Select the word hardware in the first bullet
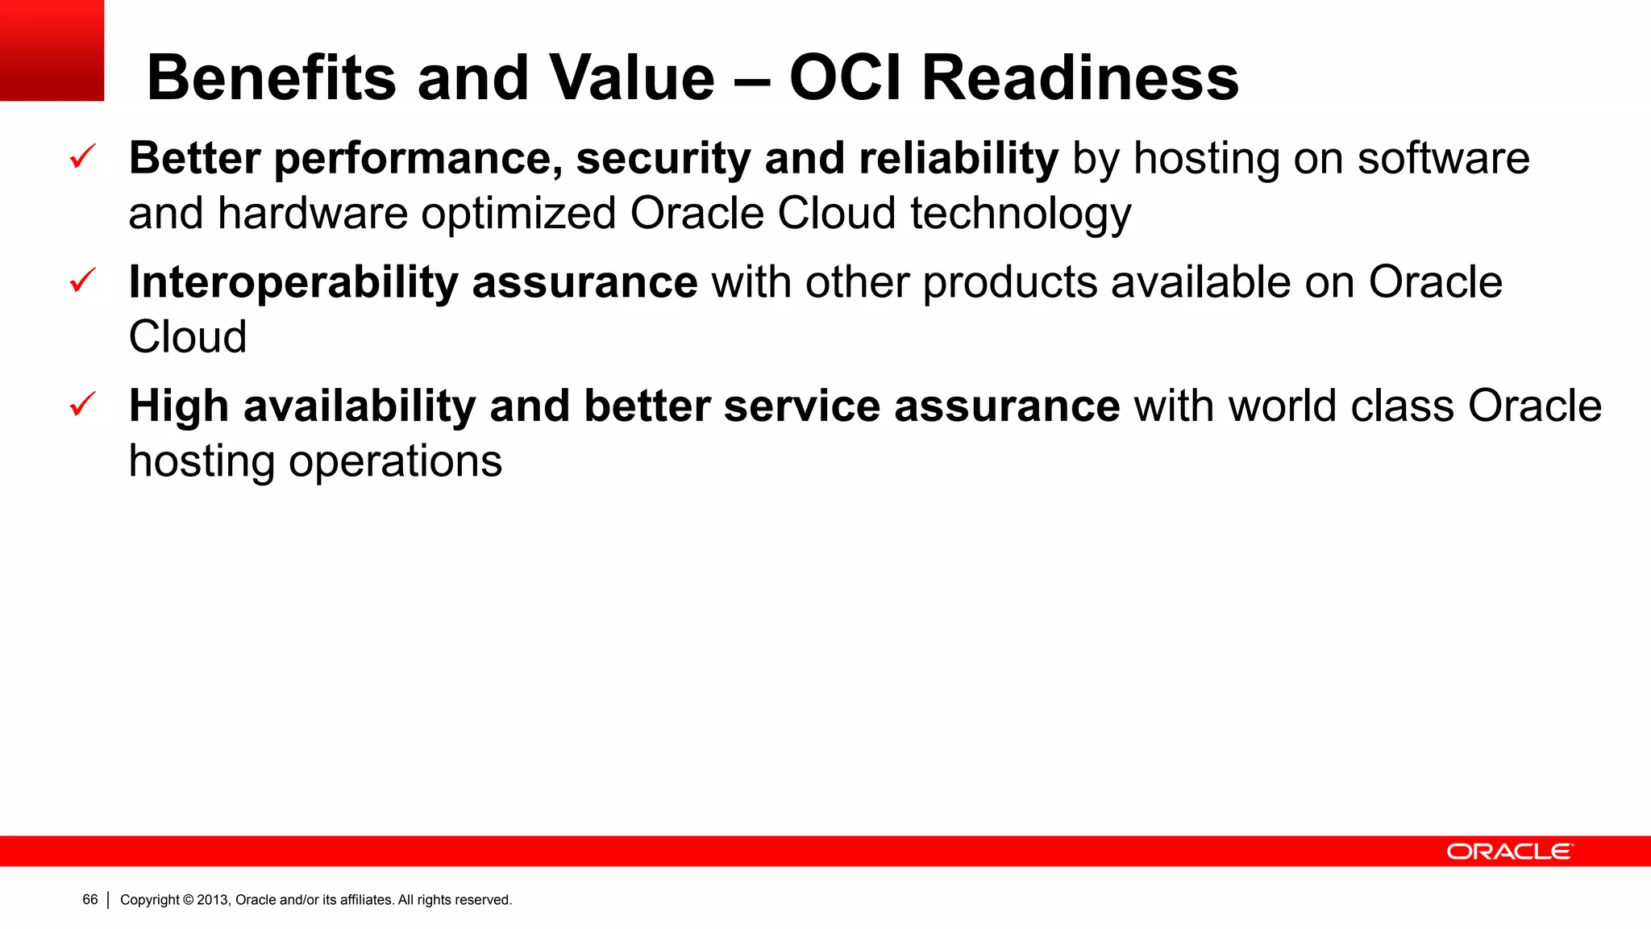click(312, 214)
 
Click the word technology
click(1021, 214)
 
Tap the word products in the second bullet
click(1009, 284)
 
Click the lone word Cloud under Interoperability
click(188, 337)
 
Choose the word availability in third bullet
click(360, 406)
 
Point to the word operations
click(395, 461)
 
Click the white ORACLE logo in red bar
click(1508, 852)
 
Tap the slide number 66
click(89, 899)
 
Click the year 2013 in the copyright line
click(213, 900)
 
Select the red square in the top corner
click(52, 50)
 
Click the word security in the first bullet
click(663, 158)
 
